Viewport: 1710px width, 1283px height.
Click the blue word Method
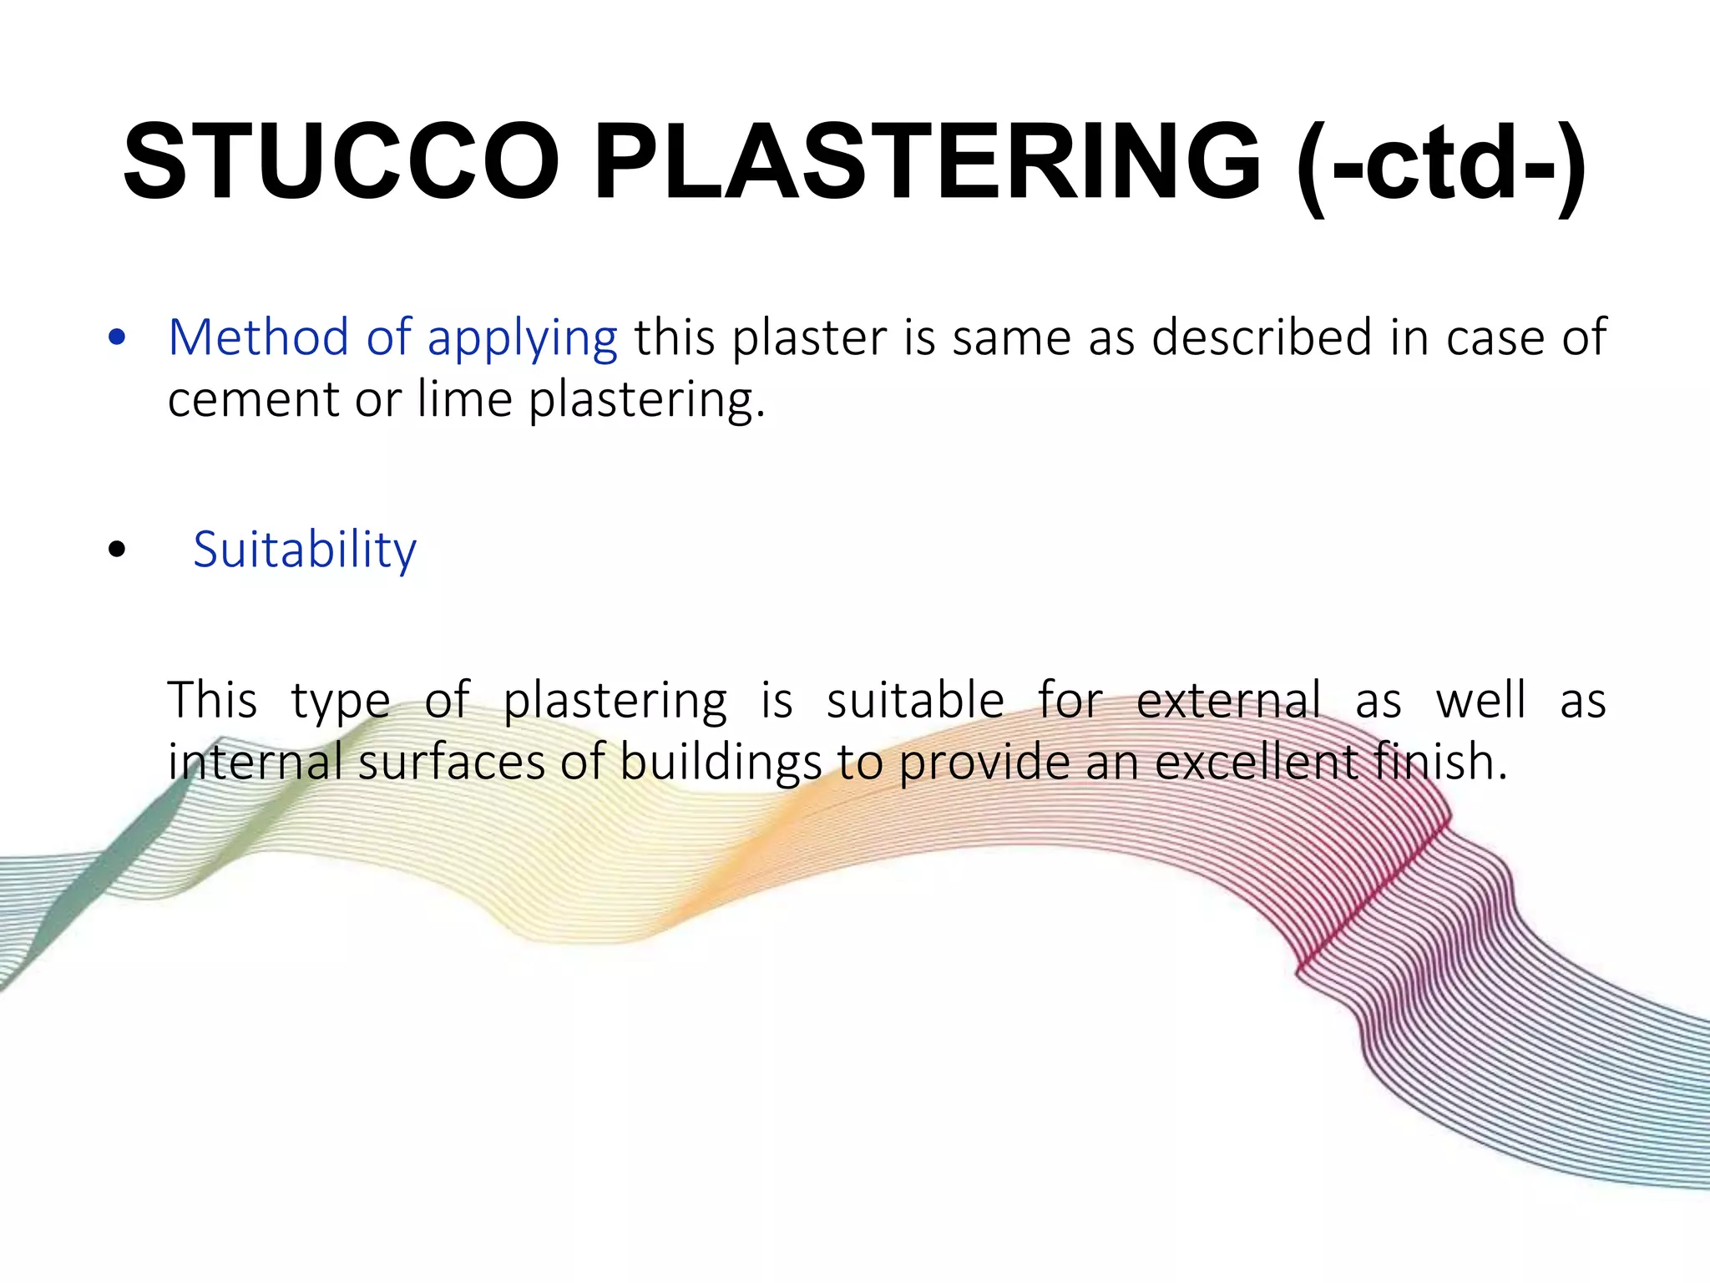[258, 337]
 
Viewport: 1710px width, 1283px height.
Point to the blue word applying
[522, 341]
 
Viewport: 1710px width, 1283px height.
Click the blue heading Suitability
[304, 551]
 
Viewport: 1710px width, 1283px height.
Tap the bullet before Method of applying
[117, 339]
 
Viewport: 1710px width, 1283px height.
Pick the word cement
[253, 400]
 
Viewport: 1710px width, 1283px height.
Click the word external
[1228, 700]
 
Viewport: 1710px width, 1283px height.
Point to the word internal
[255, 762]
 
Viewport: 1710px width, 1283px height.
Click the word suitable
[915, 700]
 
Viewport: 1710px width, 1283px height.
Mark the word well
[1480, 700]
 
